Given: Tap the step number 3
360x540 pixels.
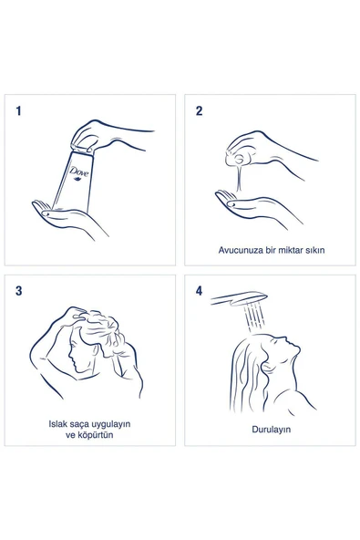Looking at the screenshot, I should (x=18, y=292).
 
